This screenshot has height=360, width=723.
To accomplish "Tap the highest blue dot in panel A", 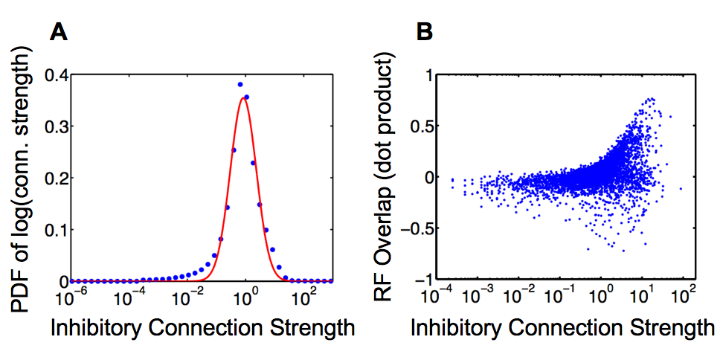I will point(240,84).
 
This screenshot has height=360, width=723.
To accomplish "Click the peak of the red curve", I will point(242,97).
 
